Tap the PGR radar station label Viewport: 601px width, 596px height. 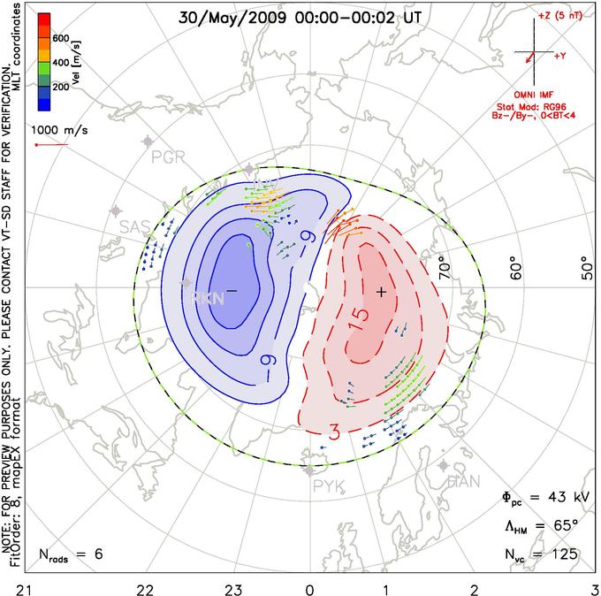tap(169, 158)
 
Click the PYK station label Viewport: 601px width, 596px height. tap(326, 485)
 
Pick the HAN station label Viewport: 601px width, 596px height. tap(463, 481)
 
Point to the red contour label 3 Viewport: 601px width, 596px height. tap(335, 432)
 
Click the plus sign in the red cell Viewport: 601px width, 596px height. tap(381, 291)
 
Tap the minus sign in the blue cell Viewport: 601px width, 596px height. tap(232, 290)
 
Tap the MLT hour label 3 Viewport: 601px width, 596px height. tap(593, 588)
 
